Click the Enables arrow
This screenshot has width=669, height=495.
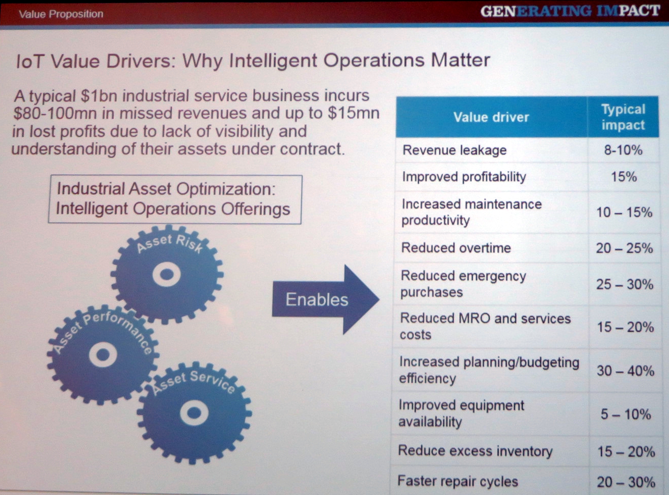coord(325,299)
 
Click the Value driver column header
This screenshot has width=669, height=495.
coord(491,117)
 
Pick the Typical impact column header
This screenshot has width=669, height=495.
coord(623,117)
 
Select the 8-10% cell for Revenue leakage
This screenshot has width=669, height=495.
coord(623,150)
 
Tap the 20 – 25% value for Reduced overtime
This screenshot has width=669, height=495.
coord(624,248)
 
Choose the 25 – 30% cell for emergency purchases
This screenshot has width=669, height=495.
coord(625,284)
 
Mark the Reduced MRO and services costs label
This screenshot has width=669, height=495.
coord(485,326)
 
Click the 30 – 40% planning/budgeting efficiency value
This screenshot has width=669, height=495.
coord(626,371)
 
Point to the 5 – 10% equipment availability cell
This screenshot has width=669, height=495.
coord(626,414)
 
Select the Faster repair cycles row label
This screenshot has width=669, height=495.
coord(458,481)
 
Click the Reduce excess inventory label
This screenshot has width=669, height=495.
coord(475,451)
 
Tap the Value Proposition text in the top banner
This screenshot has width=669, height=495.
coord(61,14)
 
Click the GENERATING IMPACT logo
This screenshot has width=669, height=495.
coord(570,11)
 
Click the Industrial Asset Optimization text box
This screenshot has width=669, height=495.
coord(175,199)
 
